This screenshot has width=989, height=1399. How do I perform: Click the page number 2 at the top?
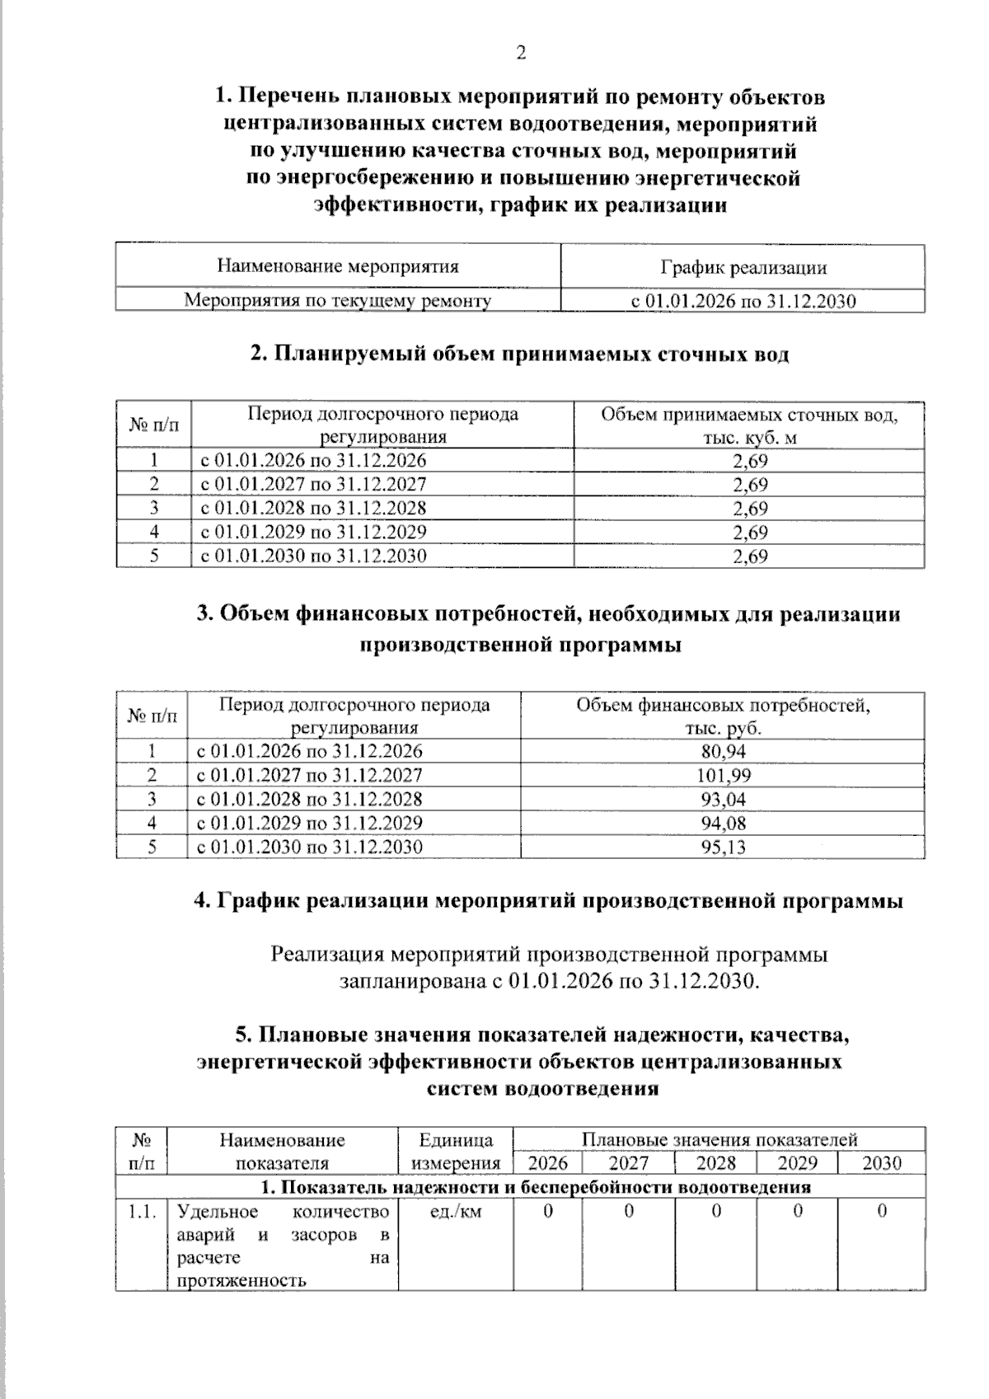(520, 54)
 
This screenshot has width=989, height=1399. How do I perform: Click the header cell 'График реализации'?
(743, 267)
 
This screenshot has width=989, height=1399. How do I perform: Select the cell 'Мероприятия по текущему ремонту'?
(337, 301)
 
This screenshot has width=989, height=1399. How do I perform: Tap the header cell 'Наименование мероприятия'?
(338, 266)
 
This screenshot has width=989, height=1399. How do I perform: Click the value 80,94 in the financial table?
(723, 751)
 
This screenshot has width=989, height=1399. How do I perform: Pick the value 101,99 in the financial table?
(723, 775)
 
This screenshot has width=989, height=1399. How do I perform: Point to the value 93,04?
(723, 799)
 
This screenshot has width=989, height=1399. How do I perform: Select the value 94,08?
(723, 823)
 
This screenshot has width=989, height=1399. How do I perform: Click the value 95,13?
(723, 847)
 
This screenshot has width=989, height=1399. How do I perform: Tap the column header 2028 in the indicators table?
(715, 1163)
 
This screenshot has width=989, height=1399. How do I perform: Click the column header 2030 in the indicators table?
(881, 1163)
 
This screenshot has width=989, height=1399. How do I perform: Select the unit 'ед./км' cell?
(456, 1212)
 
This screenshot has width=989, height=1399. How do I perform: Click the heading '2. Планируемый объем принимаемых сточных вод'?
(519, 354)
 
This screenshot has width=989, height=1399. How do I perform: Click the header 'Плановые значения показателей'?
(719, 1139)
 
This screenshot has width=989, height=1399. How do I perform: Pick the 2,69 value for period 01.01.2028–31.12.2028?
(749, 508)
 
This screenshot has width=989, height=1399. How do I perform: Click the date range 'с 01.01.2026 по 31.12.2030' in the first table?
(743, 301)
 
